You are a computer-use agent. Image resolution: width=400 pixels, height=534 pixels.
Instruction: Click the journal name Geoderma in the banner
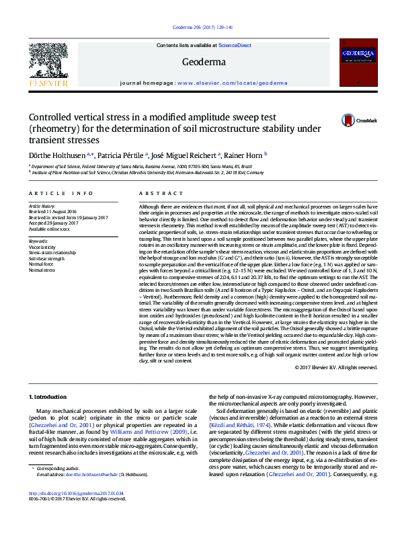[x=198, y=63]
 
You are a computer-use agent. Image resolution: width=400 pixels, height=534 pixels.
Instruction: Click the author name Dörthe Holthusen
[x=54, y=154]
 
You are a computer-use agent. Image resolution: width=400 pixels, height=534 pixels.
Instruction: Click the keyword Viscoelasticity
[x=42, y=247]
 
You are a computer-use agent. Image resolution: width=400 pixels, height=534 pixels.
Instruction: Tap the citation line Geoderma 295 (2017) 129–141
[x=199, y=28]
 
